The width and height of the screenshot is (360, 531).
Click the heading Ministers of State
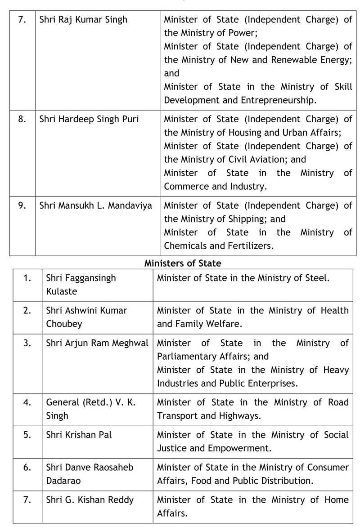pos(183,263)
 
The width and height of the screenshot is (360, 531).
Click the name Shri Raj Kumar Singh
pos(83,19)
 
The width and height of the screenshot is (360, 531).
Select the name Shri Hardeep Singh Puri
pos(89,119)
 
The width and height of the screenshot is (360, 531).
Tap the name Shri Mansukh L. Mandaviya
pos(95,205)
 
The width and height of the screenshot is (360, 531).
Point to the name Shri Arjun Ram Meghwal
pos(97,343)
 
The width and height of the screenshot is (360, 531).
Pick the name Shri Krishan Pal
pos(79,435)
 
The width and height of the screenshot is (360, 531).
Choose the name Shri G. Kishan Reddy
pos(90,500)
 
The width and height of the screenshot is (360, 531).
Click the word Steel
pos(317,278)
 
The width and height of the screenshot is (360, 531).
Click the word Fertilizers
pos(252,246)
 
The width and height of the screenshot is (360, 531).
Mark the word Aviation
pos(267,160)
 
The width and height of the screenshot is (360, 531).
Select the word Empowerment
pos(231,448)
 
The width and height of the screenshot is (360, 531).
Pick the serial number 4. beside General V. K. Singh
pos(27,402)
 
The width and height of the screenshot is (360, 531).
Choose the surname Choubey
pos(64,324)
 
